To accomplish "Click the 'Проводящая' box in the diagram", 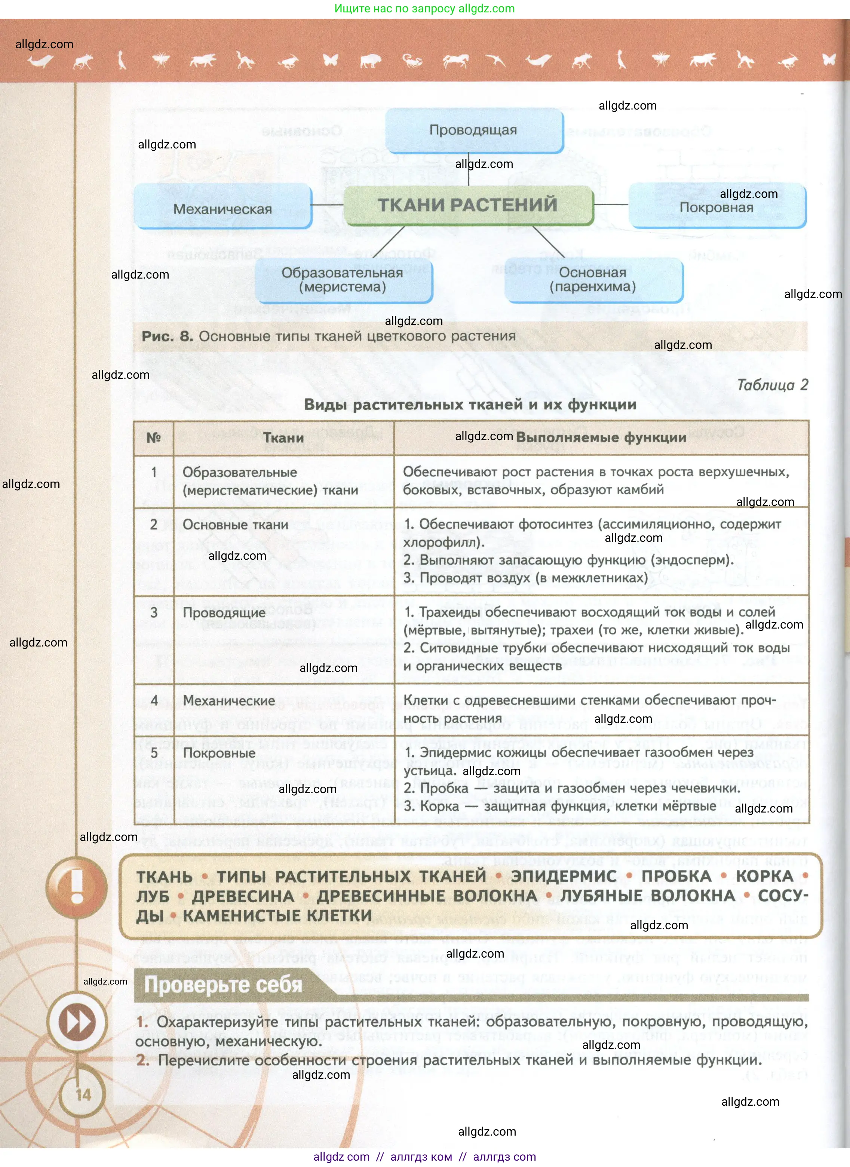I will pos(473,130).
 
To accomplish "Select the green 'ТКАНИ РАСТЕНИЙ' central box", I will pos(468,205).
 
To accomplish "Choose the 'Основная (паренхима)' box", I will pos(593,280).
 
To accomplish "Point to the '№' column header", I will pos(154,437).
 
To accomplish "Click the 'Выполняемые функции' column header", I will pos(601,437).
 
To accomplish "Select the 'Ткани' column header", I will pos(283,438).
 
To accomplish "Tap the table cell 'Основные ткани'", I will pos(235,525).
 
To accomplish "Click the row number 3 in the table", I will pos(154,612).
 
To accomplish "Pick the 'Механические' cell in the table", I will pos(229,700).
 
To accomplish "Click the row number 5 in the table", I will pos(154,752).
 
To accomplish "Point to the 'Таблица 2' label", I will pos(772,385).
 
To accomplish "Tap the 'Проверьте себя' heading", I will pos(223,984).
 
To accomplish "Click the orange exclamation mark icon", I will pos(77,886).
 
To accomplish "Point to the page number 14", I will pos(83,1094).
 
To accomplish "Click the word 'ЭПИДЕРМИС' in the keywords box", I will pos(564,876).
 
